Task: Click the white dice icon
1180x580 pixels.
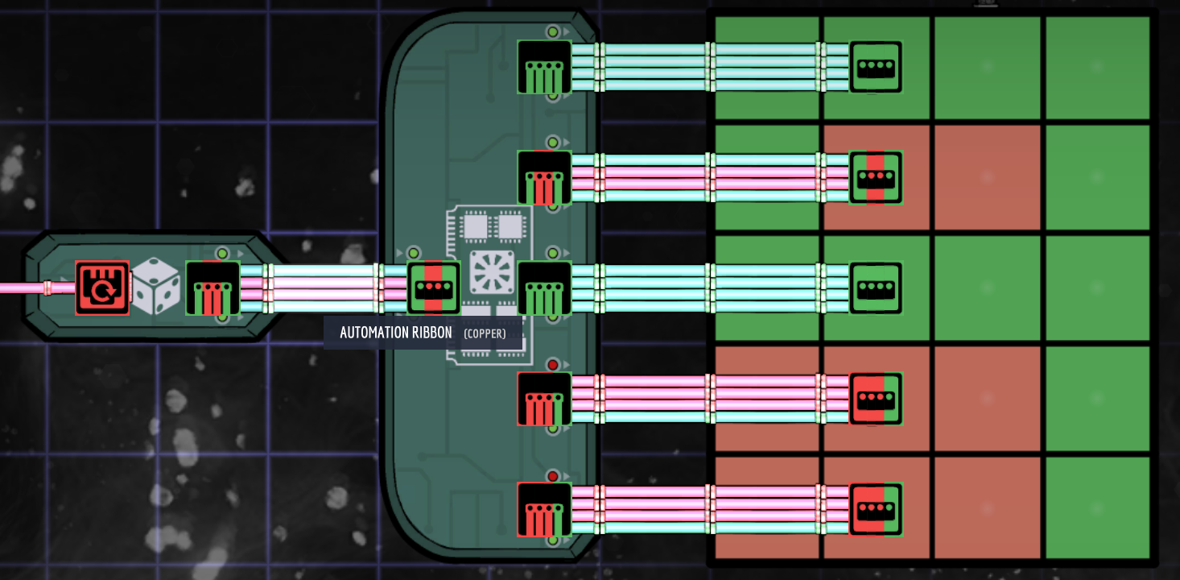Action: (157, 288)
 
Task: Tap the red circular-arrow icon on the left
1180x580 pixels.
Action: (102, 288)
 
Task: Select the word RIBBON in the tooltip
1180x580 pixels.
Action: (427, 333)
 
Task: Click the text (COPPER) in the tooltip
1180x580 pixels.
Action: (485, 333)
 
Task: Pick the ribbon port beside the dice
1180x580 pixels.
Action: (212, 288)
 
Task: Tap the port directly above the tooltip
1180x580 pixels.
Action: (433, 288)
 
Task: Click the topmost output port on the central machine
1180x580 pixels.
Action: (544, 67)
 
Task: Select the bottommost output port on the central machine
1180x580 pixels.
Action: (544, 509)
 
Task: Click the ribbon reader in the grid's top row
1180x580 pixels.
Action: (876, 67)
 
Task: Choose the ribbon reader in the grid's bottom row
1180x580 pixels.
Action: (876, 509)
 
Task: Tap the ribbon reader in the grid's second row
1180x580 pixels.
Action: (876, 177)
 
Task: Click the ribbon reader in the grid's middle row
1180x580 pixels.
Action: (876, 288)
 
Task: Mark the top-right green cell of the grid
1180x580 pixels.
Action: (1097, 68)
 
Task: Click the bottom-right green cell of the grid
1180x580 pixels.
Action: (1097, 507)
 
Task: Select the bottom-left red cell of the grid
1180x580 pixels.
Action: (765, 507)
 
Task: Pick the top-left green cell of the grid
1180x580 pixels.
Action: (765, 68)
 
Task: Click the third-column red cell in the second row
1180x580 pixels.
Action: (987, 177)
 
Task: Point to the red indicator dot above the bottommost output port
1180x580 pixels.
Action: (553, 475)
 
